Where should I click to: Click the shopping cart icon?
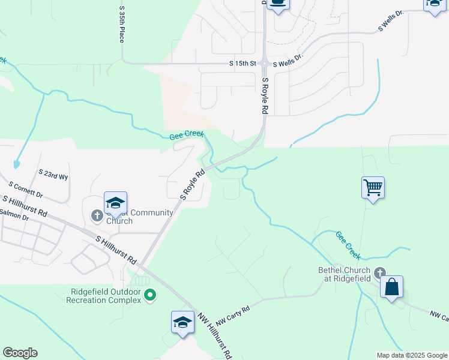373,188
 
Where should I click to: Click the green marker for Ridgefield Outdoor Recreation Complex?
151,295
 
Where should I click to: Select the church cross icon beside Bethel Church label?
379,274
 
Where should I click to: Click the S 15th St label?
243,63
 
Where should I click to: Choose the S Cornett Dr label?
26,190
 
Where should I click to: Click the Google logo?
20,353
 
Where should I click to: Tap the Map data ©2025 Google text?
412,355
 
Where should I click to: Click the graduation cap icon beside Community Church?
115,202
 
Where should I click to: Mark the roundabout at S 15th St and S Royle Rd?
265,62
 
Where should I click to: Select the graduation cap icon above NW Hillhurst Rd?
182,322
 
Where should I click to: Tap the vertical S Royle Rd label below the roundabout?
265,95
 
